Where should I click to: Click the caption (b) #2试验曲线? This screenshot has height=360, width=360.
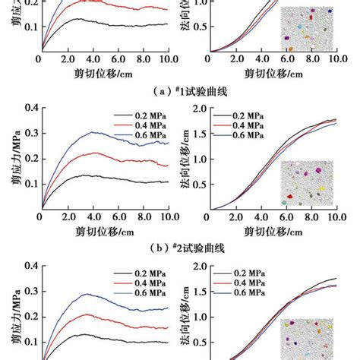[x=179, y=247]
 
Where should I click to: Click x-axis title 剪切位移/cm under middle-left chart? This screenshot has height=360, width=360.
[x=106, y=229]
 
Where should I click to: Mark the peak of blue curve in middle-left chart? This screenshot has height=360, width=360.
[x=94, y=132]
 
